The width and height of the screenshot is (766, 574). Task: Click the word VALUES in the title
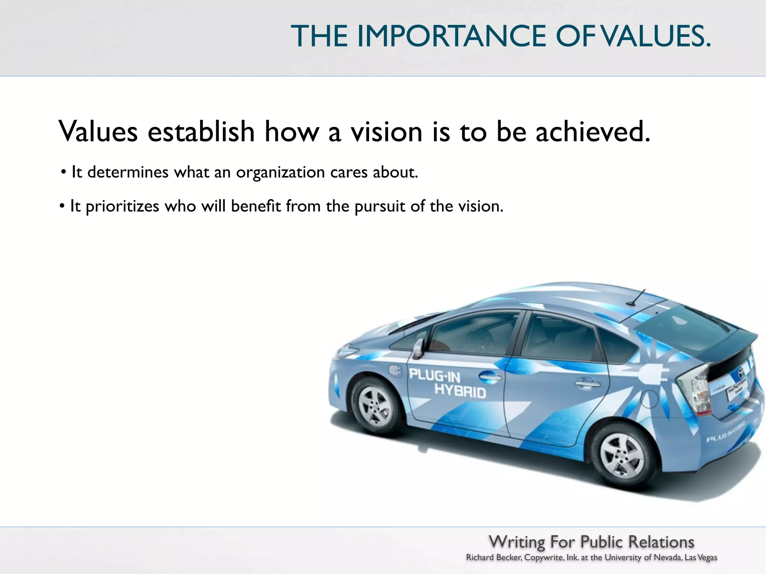coord(657,36)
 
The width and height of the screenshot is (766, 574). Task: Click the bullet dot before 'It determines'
coord(64,173)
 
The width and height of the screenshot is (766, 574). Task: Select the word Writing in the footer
coord(517,542)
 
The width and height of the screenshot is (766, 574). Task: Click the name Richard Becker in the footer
coord(494,558)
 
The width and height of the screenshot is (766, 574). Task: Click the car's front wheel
coord(375,405)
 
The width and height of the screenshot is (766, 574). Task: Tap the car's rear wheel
coord(622,456)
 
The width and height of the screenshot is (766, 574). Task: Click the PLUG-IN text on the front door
coord(434,375)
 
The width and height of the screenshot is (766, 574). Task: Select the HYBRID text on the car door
coord(460,391)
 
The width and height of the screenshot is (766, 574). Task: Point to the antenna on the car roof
coord(638,297)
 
